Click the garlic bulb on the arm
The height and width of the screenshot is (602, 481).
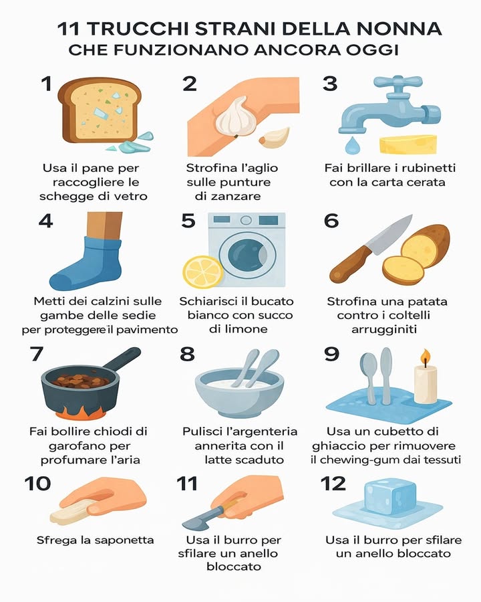[234, 116]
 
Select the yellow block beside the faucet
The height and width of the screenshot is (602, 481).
[408, 143]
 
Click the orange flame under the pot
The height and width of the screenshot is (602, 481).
[80, 407]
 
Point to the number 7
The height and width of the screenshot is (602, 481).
[37, 354]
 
